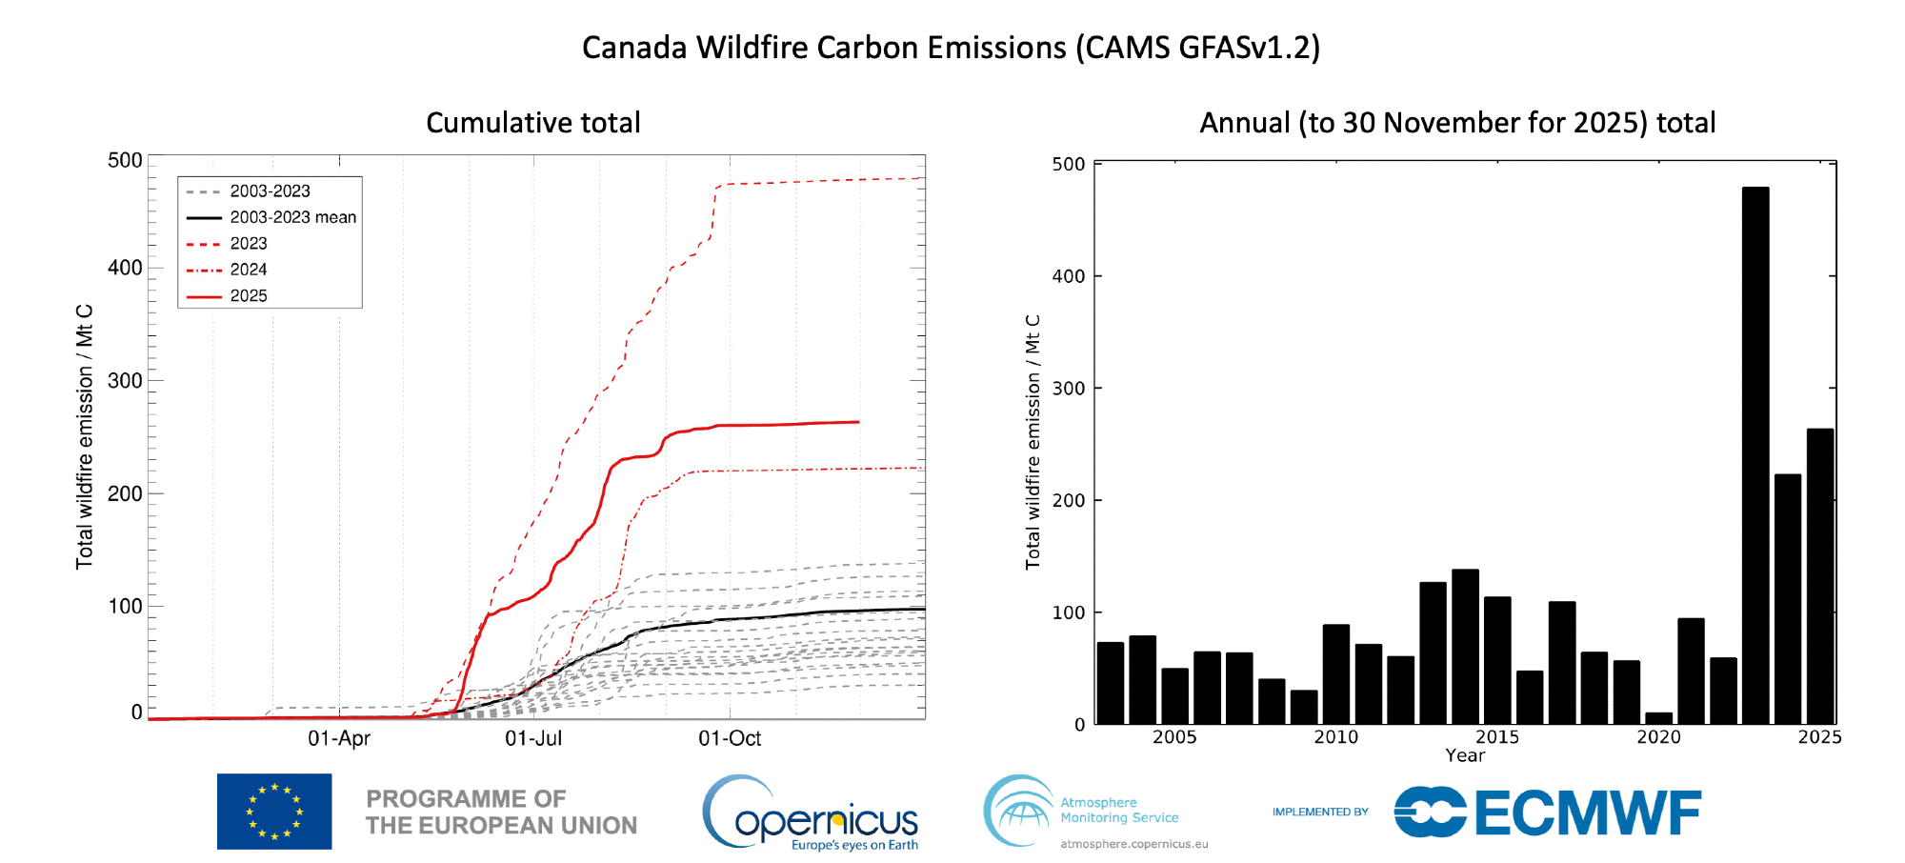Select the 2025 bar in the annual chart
pyautogui.click(x=1820, y=576)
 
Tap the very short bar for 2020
pyautogui.click(x=1658, y=718)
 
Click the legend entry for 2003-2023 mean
pyautogui.click(x=292, y=217)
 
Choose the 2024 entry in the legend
pyautogui.click(x=249, y=270)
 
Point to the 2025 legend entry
pyautogui.click(x=249, y=296)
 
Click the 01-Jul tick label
pyautogui.click(x=533, y=738)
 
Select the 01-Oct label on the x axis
pyautogui.click(x=730, y=738)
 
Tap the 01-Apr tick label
pyautogui.click(x=339, y=738)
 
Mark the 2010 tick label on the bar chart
pyautogui.click(x=1335, y=736)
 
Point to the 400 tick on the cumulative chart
pyautogui.click(x=125, y=268)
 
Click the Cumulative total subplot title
pyautogui.click(x=533, y=123)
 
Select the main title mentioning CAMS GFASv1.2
pyautogui.click(x=951, y=48)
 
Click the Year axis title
pyautogui.click(x=1465, y=755)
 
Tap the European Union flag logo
pyautogui.click(x=274, y=812)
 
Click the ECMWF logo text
pyautogui.click(x=1588, y=813)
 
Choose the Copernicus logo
pyautogui.click(x=812, y=814)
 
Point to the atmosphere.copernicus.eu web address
pyautogui.click(x=1134, y=844)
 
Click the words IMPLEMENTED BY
pyautogui.click(x=1320, y=813)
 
